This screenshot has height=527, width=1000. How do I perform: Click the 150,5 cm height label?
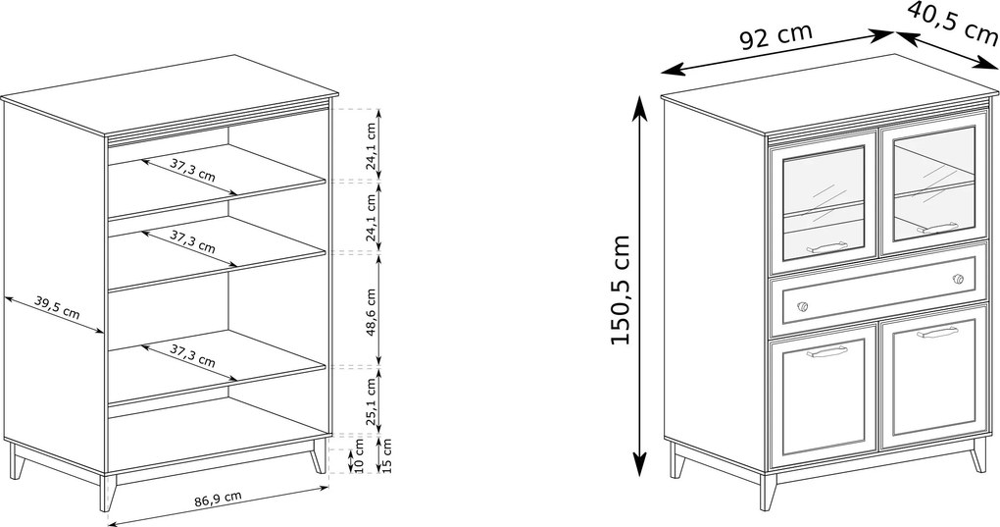620,290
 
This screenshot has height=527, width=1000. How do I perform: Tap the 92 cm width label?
776,36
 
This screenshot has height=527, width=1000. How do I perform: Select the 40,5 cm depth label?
953,22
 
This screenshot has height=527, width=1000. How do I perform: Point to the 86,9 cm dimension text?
218,499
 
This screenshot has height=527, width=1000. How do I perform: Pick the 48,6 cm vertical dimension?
371,312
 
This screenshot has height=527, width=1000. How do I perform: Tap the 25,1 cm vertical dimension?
371,400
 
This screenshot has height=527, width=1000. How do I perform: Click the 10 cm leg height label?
358,455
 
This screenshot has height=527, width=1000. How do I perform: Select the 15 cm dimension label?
386,455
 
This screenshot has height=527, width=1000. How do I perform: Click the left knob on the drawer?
802,306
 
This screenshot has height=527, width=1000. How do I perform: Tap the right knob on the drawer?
957,279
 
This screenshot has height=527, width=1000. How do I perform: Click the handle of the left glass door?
826,247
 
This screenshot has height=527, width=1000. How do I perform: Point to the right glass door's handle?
937,227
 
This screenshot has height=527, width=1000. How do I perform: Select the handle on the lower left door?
826,351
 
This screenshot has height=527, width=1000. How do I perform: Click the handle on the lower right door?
937,332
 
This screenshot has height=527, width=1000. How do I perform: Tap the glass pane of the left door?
824,202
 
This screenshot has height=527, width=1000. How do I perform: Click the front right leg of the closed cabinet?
977,455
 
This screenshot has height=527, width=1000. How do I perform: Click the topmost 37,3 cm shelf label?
192,171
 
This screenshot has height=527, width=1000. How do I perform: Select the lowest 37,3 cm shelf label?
192,355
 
